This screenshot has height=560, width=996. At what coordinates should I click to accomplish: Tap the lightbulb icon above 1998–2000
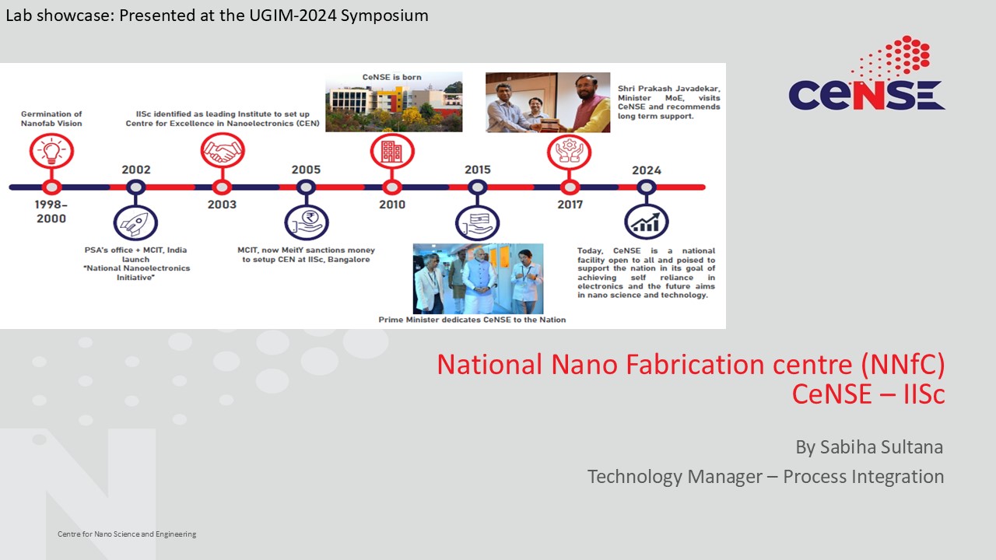click(51, 151)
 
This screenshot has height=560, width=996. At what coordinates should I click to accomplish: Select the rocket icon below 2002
click(135, 222)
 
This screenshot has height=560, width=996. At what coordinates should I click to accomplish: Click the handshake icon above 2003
click(223, 150)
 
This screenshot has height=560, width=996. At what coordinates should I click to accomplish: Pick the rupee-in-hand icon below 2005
click(307, 222)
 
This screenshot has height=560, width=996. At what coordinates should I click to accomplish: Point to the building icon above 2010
click(392, 151)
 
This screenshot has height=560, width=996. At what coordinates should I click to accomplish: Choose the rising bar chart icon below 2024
click(647, 222)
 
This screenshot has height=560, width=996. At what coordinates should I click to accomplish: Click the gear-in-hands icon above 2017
click(569, 152)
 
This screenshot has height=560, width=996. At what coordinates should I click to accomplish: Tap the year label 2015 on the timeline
click(478, 170)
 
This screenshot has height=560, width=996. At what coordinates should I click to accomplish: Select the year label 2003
click(222, 205)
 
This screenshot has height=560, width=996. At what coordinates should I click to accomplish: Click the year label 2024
click(647, 170)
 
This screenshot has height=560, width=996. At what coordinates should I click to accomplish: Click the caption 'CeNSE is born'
click(391, 77)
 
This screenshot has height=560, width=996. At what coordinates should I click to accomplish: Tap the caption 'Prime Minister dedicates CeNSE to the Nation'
click(472, 320)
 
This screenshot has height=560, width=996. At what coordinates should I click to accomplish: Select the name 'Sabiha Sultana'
click(882, 447)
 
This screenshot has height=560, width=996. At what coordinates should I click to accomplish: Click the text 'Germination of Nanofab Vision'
click(51, 119)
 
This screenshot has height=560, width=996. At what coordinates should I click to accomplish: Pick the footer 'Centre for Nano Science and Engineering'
click(127, 534)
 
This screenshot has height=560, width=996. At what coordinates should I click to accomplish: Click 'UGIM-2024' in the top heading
click(292, 16)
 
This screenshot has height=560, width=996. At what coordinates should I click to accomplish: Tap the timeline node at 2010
click(392, 187)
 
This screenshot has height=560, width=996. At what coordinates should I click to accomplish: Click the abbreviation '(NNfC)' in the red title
click(903, 365)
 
